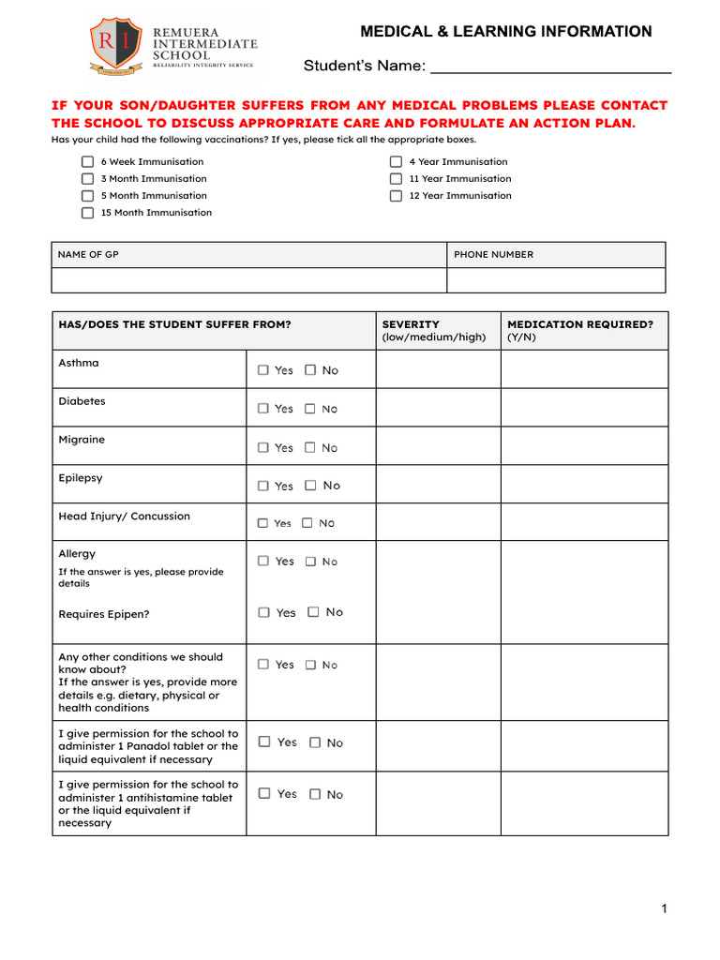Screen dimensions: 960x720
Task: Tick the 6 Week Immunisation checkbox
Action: tap(87, 162)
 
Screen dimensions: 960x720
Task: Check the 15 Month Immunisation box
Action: tap(87, 213)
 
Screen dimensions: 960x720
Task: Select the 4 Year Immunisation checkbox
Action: tap(396, 162)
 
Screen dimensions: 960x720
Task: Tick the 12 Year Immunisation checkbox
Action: tap(396, 196)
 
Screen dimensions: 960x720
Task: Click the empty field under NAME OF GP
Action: tap(248, 280)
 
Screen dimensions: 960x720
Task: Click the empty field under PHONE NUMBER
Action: tap(556, 280)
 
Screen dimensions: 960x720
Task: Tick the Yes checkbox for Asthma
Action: tap(263, 370)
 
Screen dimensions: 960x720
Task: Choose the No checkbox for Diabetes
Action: tap(310, 409)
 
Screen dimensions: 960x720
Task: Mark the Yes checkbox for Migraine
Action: tap(263, 447)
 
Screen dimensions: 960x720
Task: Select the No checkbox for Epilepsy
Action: tap(310, 486)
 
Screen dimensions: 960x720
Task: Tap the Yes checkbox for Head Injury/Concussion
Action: tap(262, 523)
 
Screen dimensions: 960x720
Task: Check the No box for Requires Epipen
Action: tap(313, 612)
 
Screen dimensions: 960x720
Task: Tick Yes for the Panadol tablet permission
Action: tap(264, 742)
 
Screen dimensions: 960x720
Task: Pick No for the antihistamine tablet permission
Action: tap(315, 794)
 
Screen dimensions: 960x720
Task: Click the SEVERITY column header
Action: tap(411, 324)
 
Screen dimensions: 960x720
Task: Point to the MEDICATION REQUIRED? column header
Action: tap(579, 324)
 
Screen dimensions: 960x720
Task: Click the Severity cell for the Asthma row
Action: tap(438, 369)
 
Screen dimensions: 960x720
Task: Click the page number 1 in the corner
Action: tap(664, 908)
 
